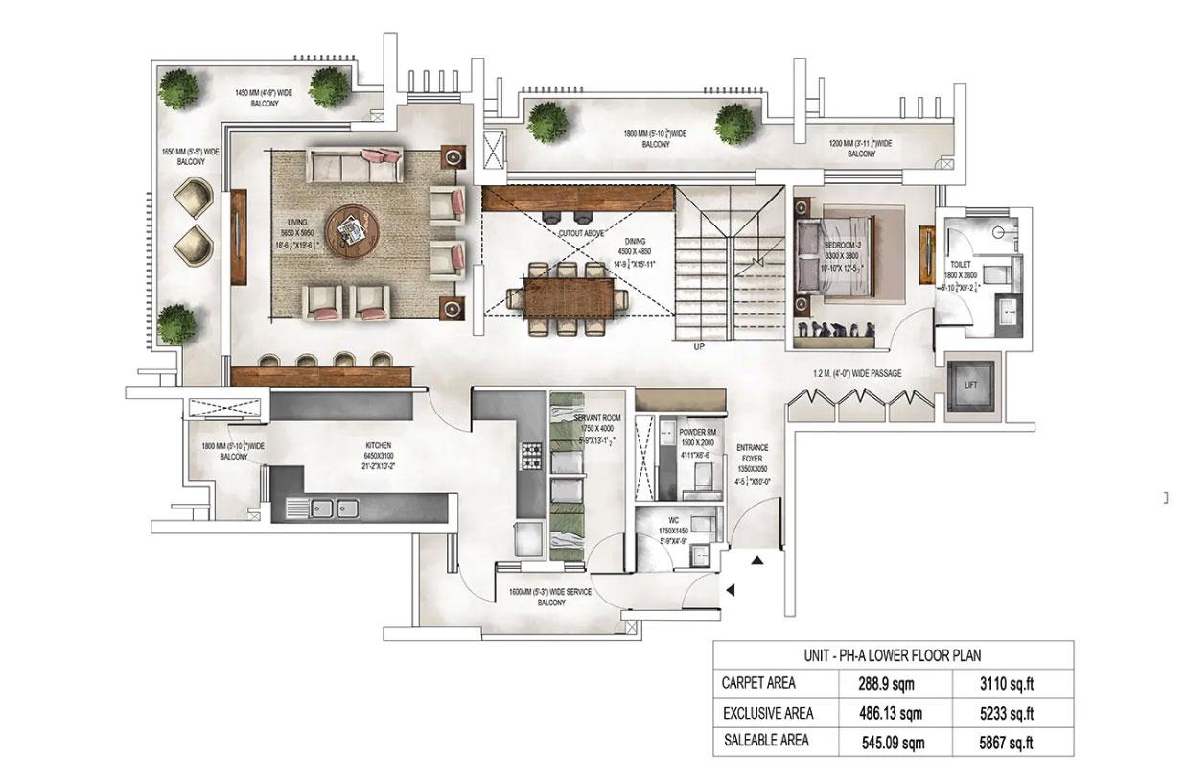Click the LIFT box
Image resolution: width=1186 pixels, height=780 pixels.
point(971,385)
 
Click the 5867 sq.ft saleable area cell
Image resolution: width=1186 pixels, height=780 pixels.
point(1005,741)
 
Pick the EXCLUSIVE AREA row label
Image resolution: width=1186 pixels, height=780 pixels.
point(767,713)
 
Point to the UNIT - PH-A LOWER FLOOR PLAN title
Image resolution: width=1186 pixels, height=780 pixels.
point(892,655)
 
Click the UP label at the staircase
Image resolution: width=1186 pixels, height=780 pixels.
point(698,349)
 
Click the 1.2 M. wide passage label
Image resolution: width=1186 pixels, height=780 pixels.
point(857,372)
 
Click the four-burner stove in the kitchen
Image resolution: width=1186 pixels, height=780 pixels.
point(529,454)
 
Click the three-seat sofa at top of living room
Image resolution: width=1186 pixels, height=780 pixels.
point(353,164)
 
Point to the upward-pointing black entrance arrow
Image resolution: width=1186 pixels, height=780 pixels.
point(758,560)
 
